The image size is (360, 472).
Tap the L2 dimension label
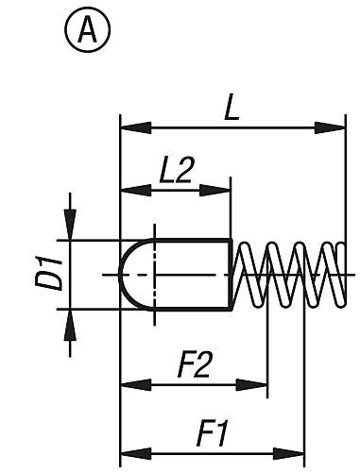tap(176, 170)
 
